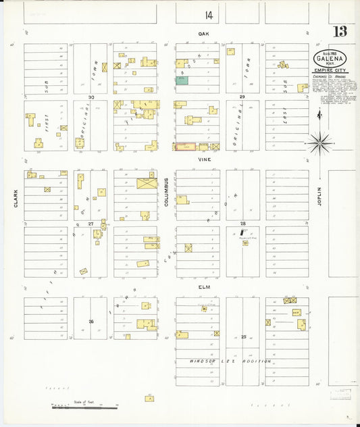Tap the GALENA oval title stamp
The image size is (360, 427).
[x=328, y=59]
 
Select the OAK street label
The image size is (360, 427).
[x=201, y=33]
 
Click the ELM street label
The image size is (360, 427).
[x=201, y=286]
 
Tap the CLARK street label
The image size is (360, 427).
[x=14, y=197]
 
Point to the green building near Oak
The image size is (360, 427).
[x=182, y=80]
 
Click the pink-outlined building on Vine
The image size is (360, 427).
[x=185, y=146]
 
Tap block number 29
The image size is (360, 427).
[x=242, y=97]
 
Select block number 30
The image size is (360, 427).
[x=91, y=97]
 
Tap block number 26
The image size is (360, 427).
[x=91, y=321]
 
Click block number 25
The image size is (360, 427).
[x=242, y=336]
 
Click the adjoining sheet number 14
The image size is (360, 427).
[x=209, y=14]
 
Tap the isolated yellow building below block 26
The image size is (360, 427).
[x=149, y=399]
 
